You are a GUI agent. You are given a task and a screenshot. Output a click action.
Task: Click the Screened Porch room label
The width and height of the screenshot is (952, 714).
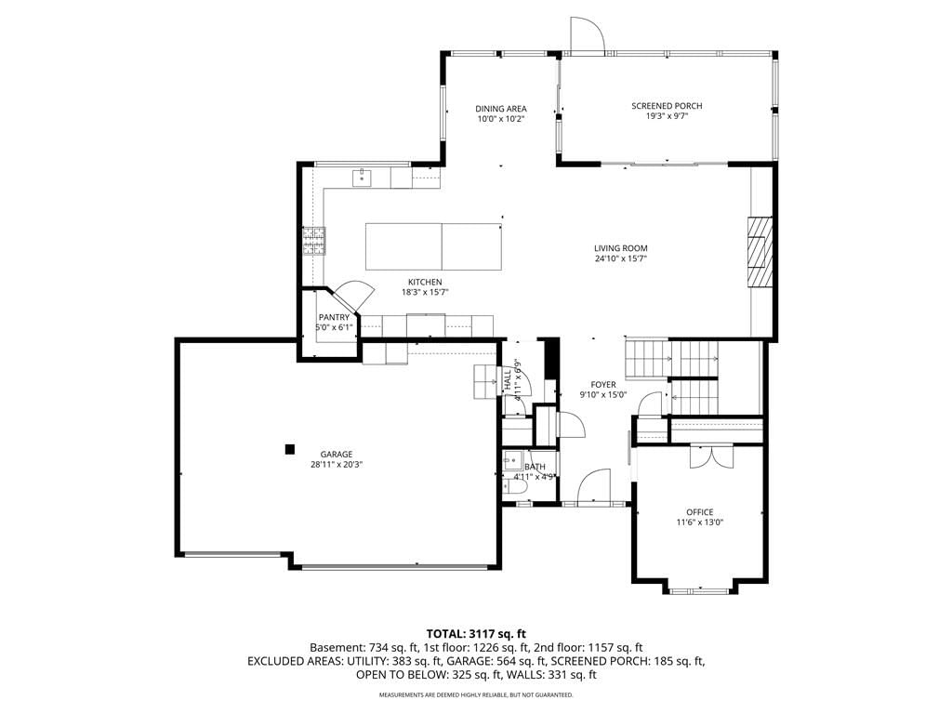click(x=667, y=106)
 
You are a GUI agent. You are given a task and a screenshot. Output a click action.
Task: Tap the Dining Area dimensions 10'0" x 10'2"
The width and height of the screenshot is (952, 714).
click(x=501, y=119)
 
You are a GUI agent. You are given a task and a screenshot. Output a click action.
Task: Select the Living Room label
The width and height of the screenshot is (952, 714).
click(x=620, y=247)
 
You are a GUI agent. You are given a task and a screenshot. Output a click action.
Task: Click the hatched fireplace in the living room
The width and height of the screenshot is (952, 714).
click(x=760, y=251)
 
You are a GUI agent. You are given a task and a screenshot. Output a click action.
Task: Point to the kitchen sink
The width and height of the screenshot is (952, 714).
click(x=362, y=178)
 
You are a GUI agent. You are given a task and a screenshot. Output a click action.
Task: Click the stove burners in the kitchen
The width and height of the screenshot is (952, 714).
click(x=314, y=241)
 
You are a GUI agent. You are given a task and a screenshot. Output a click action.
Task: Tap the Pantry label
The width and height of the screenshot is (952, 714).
click(x=334, y=317)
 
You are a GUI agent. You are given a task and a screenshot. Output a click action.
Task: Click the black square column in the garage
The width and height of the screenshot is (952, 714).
click(x=290, y=449)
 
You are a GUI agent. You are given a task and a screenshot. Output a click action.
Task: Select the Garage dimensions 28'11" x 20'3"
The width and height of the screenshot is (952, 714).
click(x=337, y=465)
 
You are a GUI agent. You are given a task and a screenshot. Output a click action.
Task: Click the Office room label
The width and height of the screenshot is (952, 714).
click(x=700, y=512)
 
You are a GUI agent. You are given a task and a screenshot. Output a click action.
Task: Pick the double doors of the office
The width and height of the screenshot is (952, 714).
click(x=711, y=456)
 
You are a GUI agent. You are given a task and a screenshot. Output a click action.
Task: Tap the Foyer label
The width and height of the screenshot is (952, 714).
click(x=603, y=384)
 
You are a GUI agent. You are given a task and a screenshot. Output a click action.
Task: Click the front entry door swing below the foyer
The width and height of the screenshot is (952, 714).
click(x=594, y=485)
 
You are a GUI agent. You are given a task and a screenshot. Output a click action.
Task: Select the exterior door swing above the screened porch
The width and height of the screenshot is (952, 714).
click(x=587, y=34)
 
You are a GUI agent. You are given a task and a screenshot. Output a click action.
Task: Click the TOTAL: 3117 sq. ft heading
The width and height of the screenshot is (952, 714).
click(x=476, y=635)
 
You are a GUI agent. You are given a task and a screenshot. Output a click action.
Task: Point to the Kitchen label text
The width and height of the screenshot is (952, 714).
click(x=425, y=282)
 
